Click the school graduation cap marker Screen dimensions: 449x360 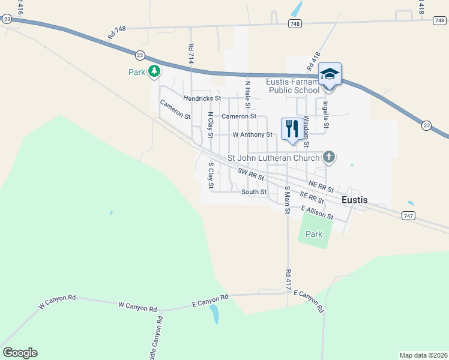(x=329, y=74)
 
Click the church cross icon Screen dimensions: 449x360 (x=328, y=158)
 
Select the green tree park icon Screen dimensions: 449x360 (x=155, y=72)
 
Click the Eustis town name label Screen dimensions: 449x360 (x=354, y=200)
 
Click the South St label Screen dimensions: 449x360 (x=254, y=192)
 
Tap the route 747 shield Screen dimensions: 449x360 (x=408, y=215)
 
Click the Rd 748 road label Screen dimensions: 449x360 (x=117, y=32)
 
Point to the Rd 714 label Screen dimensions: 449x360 (x=191, y=54)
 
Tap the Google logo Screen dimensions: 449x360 (x=20, y=353)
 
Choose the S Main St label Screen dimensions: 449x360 (x=287, y=200)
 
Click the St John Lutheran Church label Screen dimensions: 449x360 (x=273, y=158)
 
